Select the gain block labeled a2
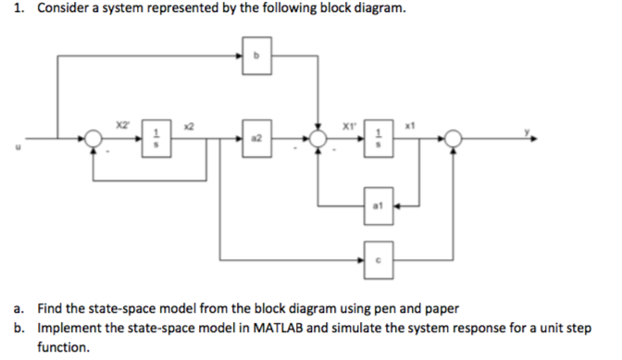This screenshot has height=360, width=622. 257,138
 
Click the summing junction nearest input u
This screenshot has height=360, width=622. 93,139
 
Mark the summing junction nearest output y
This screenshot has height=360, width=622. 453,139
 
